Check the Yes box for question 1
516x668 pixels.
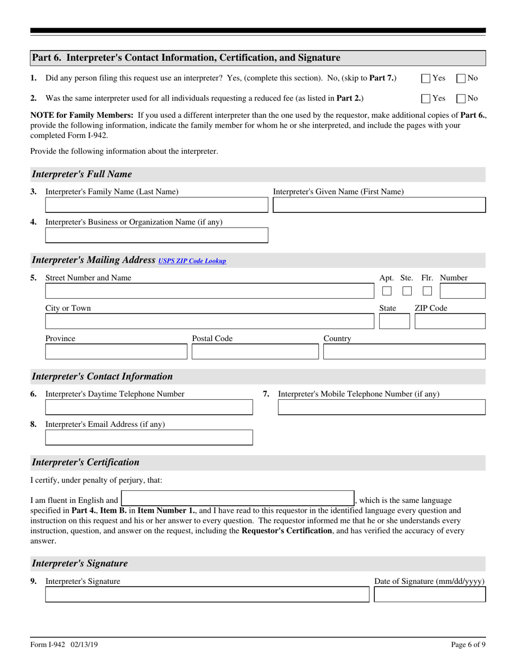426,78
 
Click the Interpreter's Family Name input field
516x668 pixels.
156,205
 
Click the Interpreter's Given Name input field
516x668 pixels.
379,205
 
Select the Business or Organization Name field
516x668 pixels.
156,235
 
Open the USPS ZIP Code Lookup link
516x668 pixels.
192,261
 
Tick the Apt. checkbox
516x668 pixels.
387,291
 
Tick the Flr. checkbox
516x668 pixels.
427,291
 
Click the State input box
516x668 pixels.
394,322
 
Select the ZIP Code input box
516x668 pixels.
450,322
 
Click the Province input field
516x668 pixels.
116,352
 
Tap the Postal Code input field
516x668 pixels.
255,352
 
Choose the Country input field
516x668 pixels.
405,352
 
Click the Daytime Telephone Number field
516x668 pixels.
149,407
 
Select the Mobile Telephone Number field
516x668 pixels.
382,407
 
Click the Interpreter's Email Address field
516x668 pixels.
149,437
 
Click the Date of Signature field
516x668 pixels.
430,595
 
